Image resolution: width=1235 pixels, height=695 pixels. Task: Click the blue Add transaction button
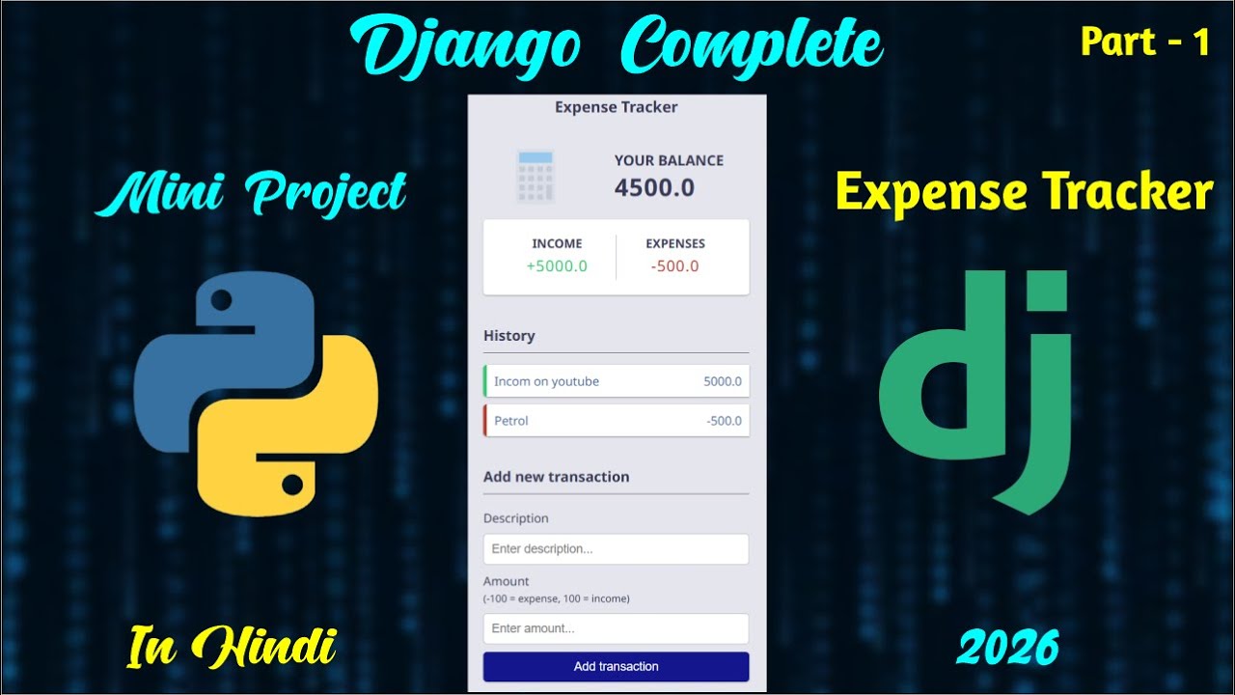coord(616,666)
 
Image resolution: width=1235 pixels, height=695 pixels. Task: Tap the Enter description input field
coord(616,549)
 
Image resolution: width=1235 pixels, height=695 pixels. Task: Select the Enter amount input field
coord(616,628)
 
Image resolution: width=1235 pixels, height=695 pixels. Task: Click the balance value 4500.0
coord(654,187)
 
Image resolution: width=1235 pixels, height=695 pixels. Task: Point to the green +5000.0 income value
coord(557,266)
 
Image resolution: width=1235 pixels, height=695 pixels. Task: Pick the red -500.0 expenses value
coord(674,266)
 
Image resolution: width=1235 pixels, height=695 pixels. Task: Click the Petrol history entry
coord(616,421)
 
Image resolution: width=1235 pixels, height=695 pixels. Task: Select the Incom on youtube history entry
coord(616,381)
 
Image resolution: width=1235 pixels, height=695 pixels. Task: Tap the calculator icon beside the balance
coord(535,176)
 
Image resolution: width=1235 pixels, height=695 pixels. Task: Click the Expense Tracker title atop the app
coord(616,107)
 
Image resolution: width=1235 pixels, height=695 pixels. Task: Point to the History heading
coord(508,336)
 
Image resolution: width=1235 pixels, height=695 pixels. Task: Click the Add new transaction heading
coord(556,477)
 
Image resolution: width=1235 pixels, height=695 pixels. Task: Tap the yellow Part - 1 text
coord(1144,42)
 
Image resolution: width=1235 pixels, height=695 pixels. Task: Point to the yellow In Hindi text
coord(232,646)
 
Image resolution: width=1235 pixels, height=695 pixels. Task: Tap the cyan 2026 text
coord(1007,646)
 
